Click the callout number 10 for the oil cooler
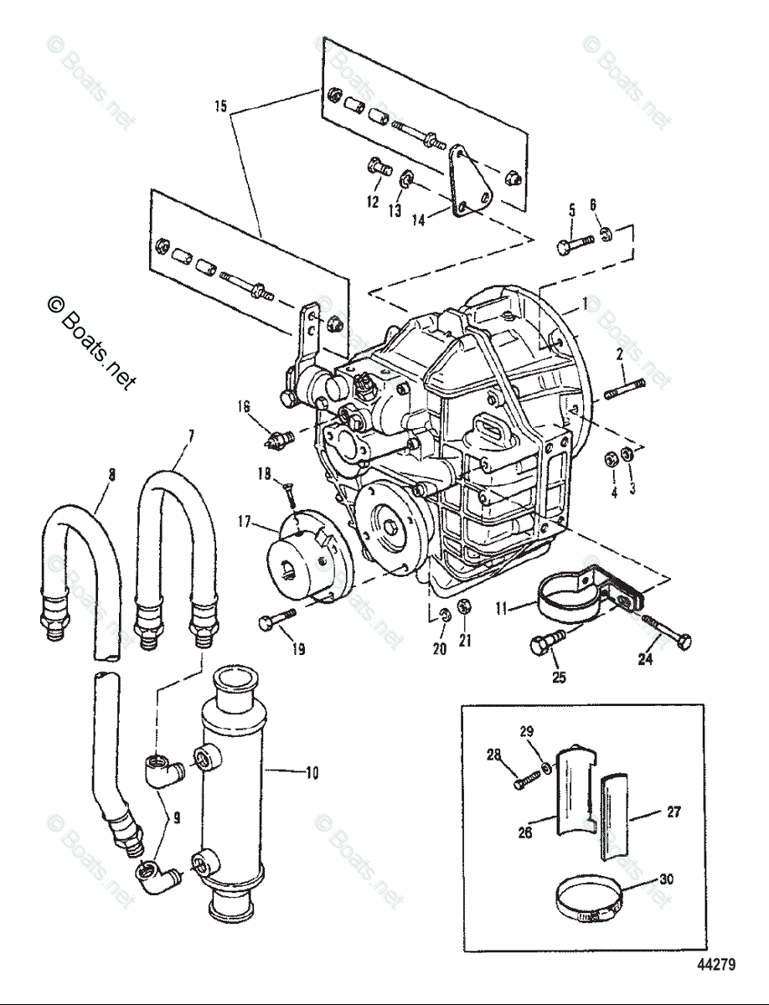[311, 773]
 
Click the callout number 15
[220, 106]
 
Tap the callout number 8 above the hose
[111, 476]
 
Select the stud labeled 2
[622, 389]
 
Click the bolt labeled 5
[574, 245]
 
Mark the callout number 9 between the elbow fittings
[177, 815]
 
